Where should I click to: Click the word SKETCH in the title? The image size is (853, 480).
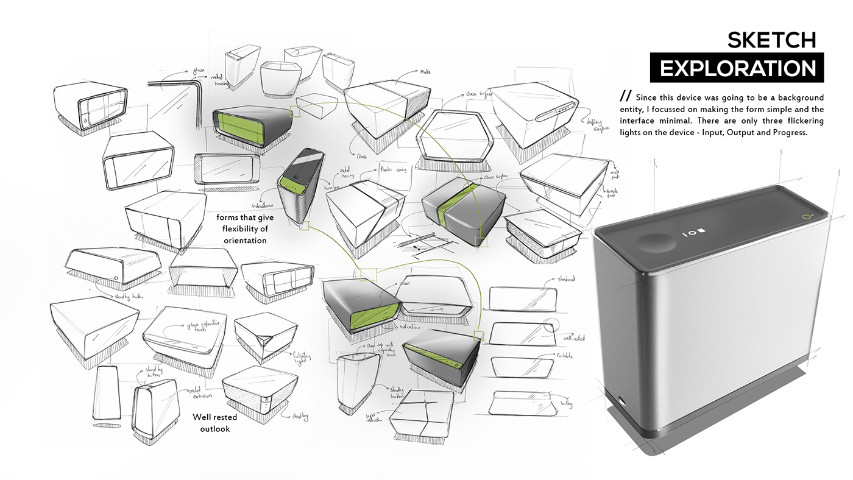[771, 40]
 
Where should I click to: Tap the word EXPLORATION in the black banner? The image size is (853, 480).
[737, 68]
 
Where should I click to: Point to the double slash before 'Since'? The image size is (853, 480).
[625, 97]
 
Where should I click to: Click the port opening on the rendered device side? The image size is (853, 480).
[621, 401]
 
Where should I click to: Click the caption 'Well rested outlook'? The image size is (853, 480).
[215, 423]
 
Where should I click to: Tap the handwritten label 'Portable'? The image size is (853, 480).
[565, 355]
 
